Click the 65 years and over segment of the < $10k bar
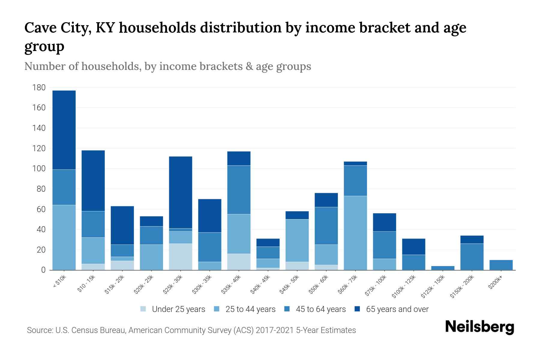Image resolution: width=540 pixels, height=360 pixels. (64, 130)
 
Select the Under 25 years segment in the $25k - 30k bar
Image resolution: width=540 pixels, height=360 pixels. (181, 257)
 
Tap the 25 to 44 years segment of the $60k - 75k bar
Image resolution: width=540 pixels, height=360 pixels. (355, 233)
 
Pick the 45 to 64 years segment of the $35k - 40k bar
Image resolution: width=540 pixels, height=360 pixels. (239, 190)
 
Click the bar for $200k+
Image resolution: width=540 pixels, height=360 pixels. (501, 265)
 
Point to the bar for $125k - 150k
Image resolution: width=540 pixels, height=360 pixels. (442, 268)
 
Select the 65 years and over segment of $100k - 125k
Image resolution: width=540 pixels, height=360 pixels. (413, 247)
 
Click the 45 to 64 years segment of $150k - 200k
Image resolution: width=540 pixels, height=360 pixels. (472, 257)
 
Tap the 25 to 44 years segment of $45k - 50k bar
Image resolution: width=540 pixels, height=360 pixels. (297, 241)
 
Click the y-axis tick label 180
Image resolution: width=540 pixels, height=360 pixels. (39, 88)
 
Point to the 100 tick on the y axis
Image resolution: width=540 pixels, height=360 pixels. (39, 169)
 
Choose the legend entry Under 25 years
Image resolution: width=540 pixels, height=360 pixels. (178, 309)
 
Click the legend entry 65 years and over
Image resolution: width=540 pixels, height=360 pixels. (397, 309)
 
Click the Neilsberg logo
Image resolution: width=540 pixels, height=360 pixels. (479, 327)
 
